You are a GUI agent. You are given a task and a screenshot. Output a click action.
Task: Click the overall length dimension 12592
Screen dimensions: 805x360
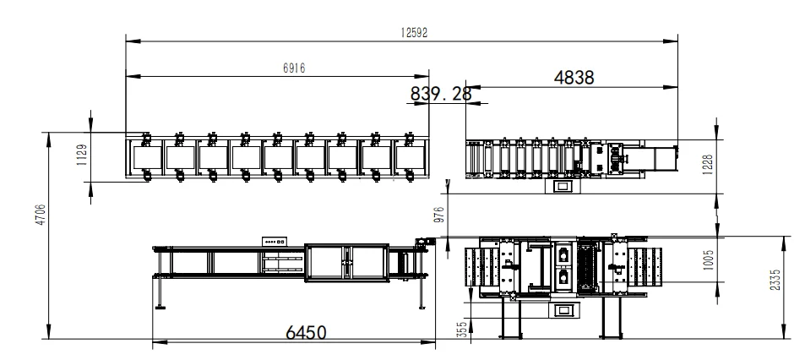tap(414, 33)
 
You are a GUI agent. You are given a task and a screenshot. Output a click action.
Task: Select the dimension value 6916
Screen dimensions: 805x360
tap(294, 68)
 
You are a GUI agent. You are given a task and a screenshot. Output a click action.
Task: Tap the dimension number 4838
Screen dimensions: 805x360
tap(574, 78)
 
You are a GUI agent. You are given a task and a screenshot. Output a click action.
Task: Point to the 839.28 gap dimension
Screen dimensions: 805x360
tap(440, 94)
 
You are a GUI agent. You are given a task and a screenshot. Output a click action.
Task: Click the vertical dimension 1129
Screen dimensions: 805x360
tap(82, 155)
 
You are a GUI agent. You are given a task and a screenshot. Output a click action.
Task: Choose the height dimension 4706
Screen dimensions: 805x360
tap(40, 215)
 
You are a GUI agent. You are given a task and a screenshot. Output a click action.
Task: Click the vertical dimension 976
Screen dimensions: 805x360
tap(439, 214)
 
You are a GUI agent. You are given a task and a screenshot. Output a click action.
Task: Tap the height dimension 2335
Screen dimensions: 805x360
tap(775, 280)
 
